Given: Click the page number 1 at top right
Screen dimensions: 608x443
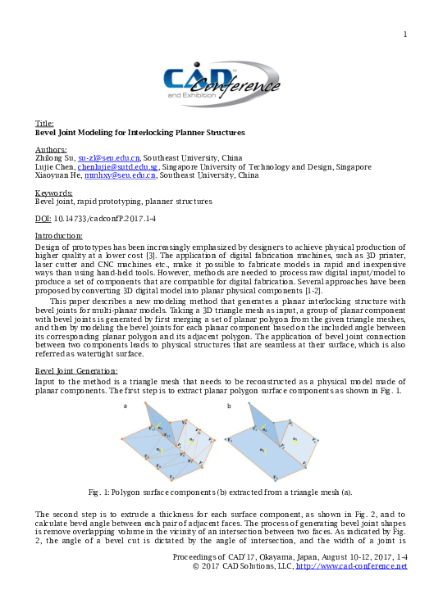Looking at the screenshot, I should pyautogui.click(x=404, y=34).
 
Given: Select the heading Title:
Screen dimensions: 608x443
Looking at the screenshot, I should pyautogui.click(x=44, y=123).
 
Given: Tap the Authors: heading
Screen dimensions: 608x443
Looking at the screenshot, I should pyautogui.click(x=51, y=149).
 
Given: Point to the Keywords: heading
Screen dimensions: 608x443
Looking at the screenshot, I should pyautogui.click(x=54, y=193).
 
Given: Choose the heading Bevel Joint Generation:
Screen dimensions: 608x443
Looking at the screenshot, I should pyautogui.click(x=76, y=371).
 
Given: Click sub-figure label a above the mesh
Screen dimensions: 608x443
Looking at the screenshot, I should pyautogui.click(x=125, y=406).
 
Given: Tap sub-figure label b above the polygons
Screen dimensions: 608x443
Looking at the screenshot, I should pyautogui.click(x=229, y=406).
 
